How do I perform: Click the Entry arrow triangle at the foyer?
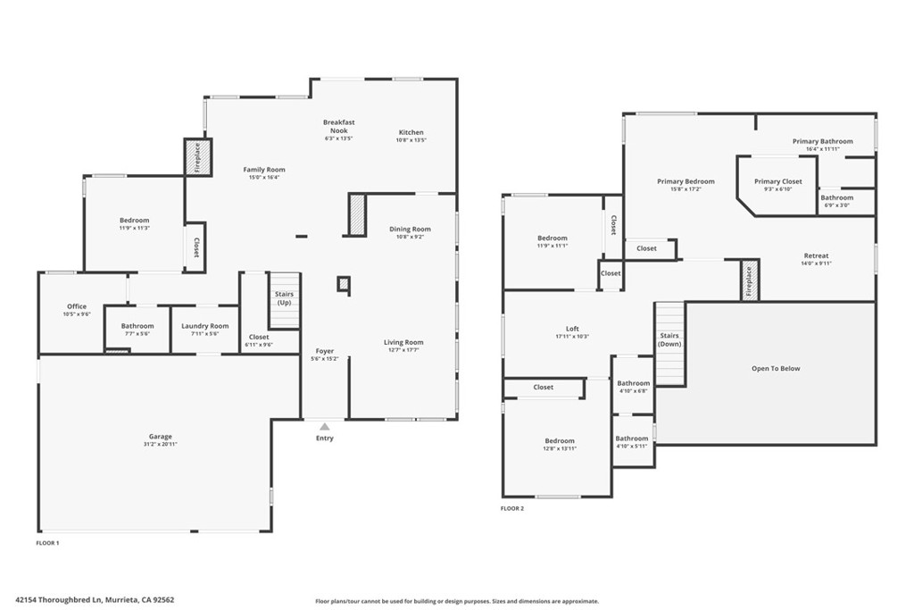click(325, 427)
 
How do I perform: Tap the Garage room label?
click(161, 437)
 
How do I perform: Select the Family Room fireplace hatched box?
click(198, 158)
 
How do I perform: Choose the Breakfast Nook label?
click(339, 126)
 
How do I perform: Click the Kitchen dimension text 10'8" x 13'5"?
click(411, 140)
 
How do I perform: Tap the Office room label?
click(77, 306)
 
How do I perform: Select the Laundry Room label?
click(205, 326)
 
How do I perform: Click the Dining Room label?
click(410, 229)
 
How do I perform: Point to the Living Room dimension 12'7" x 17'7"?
click(403, 350)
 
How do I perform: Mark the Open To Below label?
click(776, 368)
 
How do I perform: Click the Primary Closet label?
click(778, 181)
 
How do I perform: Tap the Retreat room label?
click(816, 255)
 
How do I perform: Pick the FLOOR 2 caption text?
click(512, 508)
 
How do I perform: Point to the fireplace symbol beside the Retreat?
click(748, 280)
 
